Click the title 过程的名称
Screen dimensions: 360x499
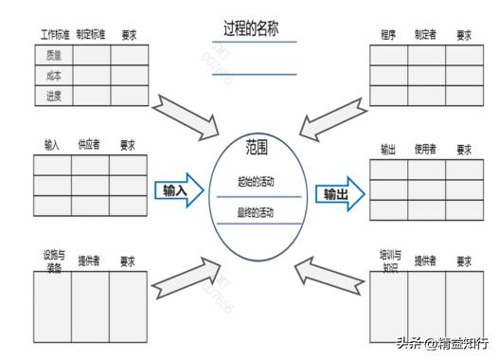253,28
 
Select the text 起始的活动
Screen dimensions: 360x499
257,181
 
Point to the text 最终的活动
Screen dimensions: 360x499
257,211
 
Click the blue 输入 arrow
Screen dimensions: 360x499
179,190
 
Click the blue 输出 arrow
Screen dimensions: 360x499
339,194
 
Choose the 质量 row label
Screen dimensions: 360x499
53,55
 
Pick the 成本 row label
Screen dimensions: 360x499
53,75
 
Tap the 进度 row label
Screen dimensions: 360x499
53,96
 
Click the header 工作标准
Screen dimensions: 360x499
54,35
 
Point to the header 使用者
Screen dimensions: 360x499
425,150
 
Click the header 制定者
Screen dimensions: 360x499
425,35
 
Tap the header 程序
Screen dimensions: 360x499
388,35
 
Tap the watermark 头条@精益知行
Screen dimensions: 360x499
443,343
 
